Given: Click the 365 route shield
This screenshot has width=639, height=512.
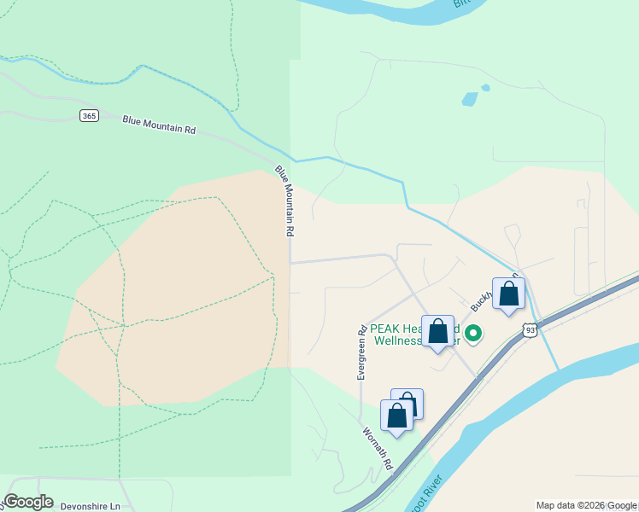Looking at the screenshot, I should [89, 115].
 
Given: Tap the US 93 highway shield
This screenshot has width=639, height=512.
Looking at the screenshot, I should [531, 329].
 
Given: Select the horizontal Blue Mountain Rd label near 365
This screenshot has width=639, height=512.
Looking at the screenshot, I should [159, 125].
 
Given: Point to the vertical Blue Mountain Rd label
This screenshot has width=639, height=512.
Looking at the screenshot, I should [285, 201].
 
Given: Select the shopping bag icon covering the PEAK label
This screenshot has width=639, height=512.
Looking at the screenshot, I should [437, 331].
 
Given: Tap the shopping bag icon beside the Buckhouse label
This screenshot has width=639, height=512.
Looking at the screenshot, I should [508, 294].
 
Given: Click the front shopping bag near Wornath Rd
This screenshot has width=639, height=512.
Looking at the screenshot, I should [396, 416].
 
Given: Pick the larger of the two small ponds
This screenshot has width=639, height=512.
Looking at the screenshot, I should [469, 99].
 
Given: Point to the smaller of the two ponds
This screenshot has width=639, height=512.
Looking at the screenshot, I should [485, 87].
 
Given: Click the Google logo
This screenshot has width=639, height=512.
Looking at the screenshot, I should [28, 502].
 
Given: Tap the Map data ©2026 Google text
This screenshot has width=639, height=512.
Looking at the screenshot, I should [586, 505].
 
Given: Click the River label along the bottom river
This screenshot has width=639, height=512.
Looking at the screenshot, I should [425, 497].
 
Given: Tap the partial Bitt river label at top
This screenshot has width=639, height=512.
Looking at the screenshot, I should [463, 3].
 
